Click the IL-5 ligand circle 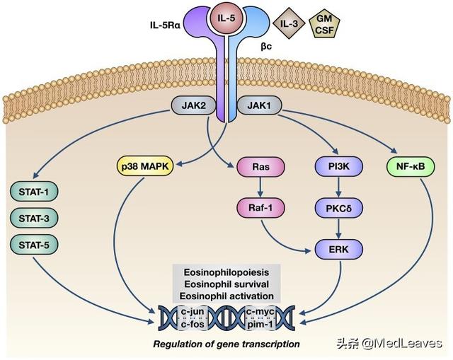(226, 19)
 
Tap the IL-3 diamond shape (289, 23)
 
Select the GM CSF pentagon (324, 25)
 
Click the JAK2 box (194, 105)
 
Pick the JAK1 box (259, 105)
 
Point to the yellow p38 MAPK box (145, 167)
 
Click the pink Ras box (260, 167)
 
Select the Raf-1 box (260, 208)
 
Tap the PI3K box (338, 167)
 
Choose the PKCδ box (338, 208)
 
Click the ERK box (338, 249)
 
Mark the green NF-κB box (411, 167)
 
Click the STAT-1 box (34, 192)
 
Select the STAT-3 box (34, 219)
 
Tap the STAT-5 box (34, 245)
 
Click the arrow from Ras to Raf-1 (260, 187)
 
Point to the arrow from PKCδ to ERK (338, 228)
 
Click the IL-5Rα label (165, 25)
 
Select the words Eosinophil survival (226, 284)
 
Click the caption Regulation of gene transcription (226, 344)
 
